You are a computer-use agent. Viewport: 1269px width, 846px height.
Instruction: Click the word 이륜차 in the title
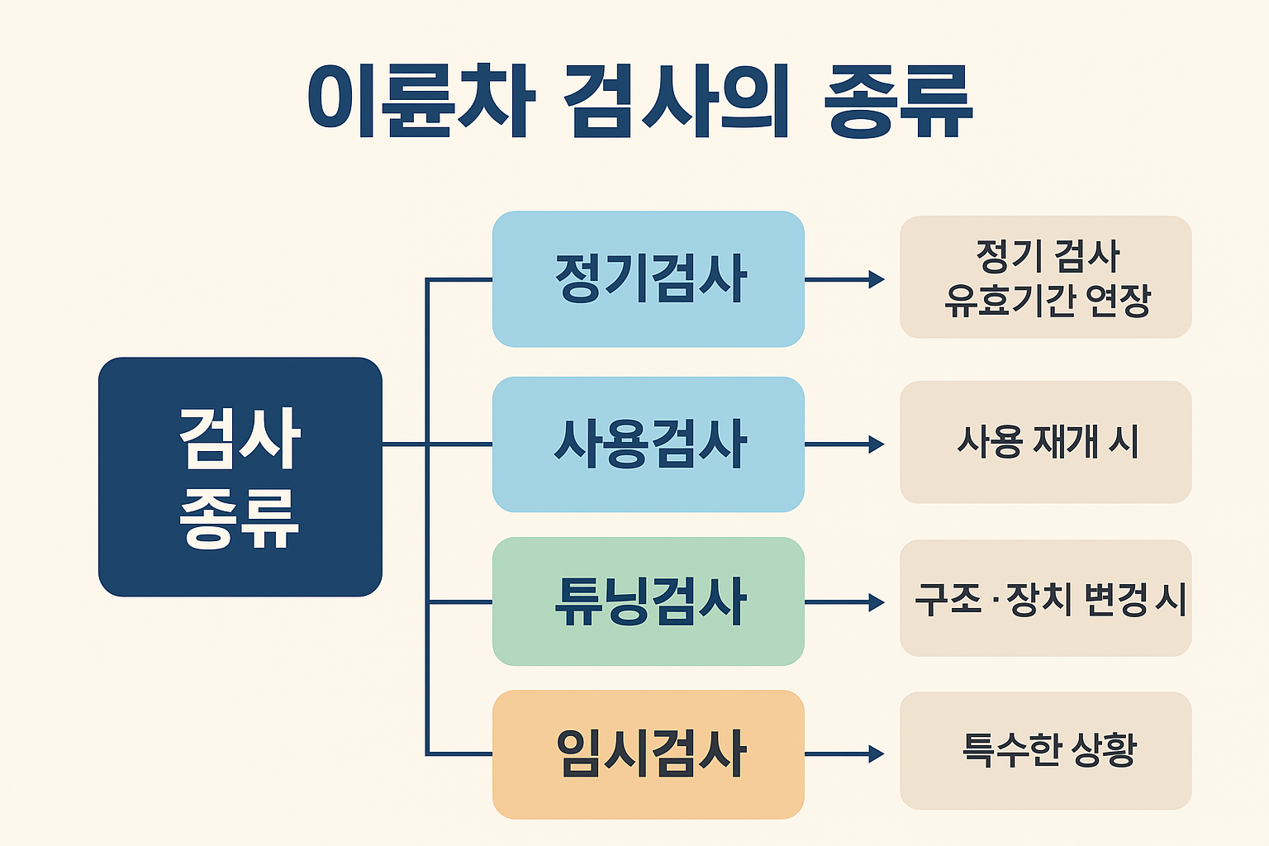point(421,101)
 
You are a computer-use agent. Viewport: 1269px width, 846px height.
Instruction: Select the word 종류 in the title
point(898,101)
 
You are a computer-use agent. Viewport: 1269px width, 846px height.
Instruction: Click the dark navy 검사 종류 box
point(240,477)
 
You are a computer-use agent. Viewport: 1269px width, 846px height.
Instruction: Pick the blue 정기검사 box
point(649,279)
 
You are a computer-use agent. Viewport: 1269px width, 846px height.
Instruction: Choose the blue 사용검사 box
point(649,444)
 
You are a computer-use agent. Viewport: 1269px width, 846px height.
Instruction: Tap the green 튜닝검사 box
point(649,601)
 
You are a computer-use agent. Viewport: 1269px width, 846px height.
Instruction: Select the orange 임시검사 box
point(649,754)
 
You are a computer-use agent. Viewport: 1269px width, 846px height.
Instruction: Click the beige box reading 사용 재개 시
point(1045,442)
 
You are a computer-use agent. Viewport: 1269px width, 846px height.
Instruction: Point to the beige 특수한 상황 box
point(1045,751)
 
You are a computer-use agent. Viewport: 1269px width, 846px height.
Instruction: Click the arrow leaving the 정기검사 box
point(844,279)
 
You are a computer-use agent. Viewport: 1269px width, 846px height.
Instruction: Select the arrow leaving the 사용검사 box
point(844,444)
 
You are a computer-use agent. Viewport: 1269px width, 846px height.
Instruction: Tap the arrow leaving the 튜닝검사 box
point(844,602)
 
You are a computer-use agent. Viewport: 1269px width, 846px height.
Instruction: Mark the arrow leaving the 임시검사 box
point(844,753)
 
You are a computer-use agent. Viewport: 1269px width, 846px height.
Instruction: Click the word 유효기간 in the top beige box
point(1009,300)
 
